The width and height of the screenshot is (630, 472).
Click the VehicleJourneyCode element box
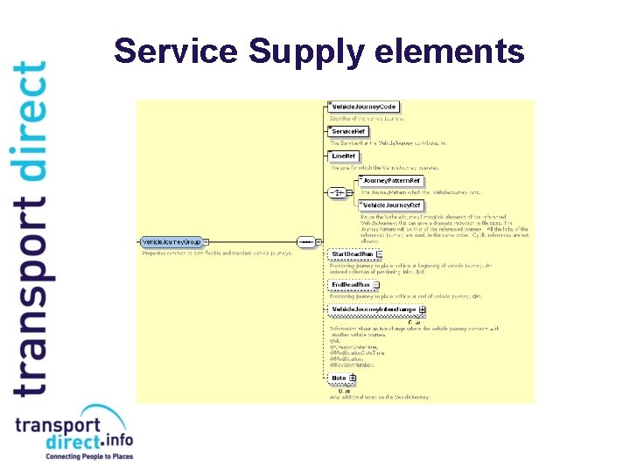(x=364, y=107)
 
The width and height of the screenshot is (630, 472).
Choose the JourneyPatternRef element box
(x=392, y=180)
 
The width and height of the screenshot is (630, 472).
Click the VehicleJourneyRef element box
(x=392, y=205)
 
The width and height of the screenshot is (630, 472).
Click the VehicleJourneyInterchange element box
(x=374, y=309)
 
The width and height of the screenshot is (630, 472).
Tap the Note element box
(x=339, y=378)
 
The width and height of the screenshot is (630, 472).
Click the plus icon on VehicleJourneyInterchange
(x=423, y=309)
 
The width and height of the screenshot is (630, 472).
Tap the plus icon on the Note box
(x=353, y=378)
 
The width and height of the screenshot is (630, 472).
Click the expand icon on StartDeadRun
(x=380, y=254)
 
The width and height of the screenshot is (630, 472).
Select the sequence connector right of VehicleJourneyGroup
(x=306, y=241)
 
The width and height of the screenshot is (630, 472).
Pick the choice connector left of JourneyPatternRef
(x=336, y=191)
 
